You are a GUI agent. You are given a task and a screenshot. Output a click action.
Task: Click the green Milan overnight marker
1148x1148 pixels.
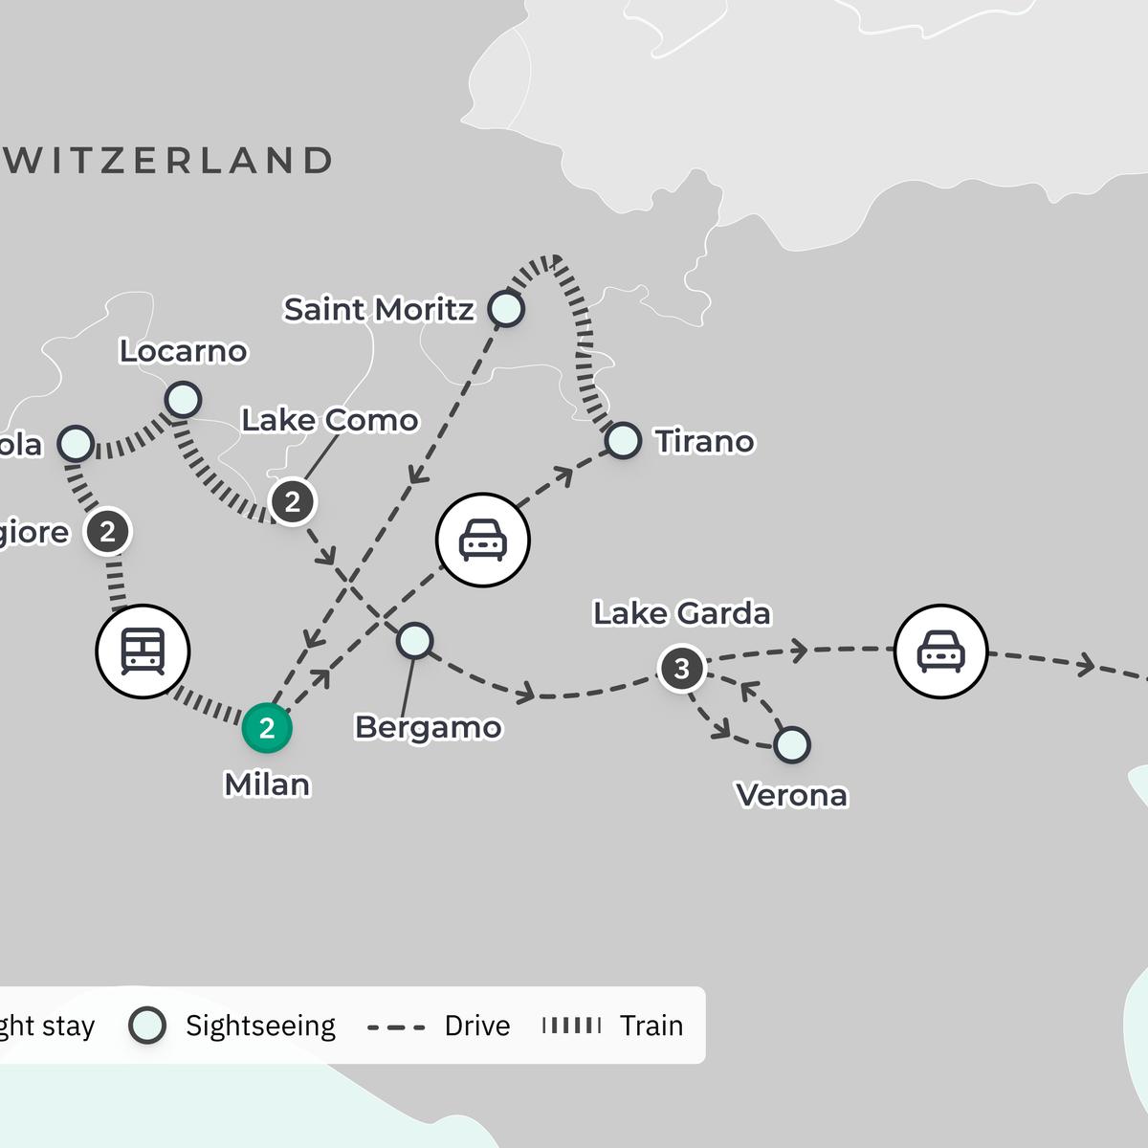coord(267,728)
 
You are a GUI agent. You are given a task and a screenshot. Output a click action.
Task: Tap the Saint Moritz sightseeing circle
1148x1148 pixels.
coord(506,309)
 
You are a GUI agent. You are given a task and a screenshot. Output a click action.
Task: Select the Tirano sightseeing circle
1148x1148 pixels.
coord(623,441)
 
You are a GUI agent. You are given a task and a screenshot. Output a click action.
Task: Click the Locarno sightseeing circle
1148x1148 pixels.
coord(183,399)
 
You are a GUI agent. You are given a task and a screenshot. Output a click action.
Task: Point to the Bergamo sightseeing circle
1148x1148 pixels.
coord(415,640)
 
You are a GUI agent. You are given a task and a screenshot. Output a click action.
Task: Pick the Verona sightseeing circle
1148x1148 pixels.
coord(792,744)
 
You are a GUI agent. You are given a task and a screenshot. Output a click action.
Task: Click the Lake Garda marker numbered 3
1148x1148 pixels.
coord(682,668)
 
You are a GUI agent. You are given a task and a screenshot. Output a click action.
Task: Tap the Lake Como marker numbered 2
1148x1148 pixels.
coord(293,501)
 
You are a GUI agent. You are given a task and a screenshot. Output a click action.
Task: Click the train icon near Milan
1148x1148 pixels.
coord(143,651)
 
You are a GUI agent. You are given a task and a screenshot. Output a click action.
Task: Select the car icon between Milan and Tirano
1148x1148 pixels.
coord(482,540)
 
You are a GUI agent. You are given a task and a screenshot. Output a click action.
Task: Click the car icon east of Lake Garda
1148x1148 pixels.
coord(940,651)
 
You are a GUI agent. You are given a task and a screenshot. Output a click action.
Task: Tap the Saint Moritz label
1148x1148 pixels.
coord(379,310)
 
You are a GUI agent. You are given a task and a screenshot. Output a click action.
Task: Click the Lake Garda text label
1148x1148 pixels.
coord(681,613)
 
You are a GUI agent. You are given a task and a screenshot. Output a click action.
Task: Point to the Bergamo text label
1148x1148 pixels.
coord(428,727)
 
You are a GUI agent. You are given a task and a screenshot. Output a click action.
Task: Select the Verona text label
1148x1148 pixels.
coord(791,795)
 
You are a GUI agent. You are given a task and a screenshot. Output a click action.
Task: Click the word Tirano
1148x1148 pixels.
coord(704,442)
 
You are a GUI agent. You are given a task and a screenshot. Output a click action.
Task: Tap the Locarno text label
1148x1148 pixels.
coord(183,351)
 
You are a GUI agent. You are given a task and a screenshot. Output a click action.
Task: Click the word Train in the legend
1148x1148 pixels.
coord(651,1026)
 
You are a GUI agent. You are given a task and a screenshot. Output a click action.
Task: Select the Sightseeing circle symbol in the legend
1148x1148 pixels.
coord(147,1026)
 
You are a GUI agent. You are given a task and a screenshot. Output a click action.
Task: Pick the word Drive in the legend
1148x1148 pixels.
coord(477,1026)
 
